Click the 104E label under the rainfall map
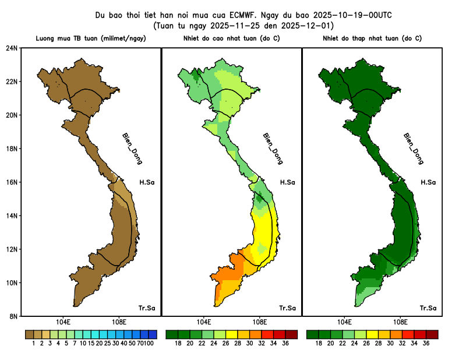click(x=63, y=322)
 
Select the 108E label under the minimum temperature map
click(x=400, y=322)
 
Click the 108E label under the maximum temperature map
click(x=259, y=322)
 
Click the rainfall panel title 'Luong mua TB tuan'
click(x=90, y=38)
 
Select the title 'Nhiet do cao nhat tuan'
click(x=231, y=38)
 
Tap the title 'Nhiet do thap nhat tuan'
click(x=372, y=38)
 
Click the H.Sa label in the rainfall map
click(x=146, y=182)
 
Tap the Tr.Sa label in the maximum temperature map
click(x=287, y=308)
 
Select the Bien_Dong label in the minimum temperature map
click(x=413, y=149)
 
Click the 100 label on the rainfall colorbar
click(x=149, y=344)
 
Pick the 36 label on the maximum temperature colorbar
click(x=285, y=344)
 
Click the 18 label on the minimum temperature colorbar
click(x=319, y=344)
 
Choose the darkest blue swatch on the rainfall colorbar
click(x=153, y=334)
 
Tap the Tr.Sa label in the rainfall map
click(x=146, y=308)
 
